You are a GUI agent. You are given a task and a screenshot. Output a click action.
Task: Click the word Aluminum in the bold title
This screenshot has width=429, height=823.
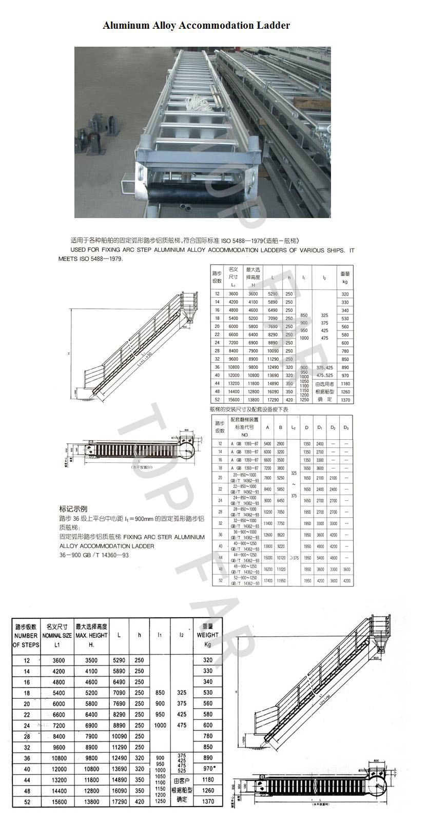[x=124, y=25]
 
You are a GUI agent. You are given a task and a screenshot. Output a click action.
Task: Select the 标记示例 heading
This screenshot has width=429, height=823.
[x=73, y=510]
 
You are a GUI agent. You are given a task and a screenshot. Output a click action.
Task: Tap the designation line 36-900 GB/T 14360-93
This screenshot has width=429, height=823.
[x=94, y=555]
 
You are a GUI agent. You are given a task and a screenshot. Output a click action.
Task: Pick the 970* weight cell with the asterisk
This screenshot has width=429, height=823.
[x=208, y=769]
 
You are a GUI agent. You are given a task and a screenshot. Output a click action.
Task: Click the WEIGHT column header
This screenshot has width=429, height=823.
[x=207, y=635]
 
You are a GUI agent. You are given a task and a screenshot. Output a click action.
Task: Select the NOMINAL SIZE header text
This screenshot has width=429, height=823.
[x=56, y=635]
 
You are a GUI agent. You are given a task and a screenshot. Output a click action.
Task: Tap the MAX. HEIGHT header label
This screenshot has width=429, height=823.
[x=91, y=635]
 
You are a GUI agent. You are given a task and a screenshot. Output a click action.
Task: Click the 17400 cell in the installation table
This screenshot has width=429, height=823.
[x=267, y=581]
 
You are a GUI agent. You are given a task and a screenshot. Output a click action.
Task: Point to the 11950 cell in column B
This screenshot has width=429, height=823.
[x=281, y=581]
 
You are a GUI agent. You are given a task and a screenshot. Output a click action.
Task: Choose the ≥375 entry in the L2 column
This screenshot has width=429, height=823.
[x=294, y=558]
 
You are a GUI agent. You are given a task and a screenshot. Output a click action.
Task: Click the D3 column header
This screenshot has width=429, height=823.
[x=346, y=427]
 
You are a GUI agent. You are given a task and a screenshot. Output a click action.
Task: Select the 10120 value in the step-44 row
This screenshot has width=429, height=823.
[x=281, y=558]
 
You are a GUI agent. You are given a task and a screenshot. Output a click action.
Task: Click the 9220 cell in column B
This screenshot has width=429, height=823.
[x=281, y=546]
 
